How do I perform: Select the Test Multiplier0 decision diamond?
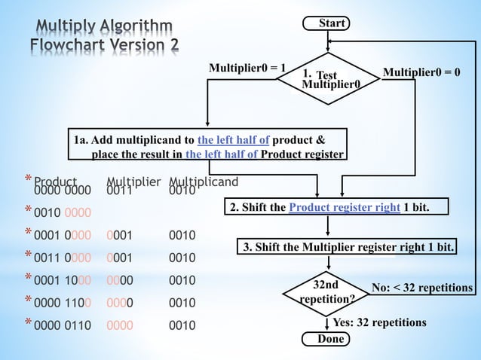(329, 79)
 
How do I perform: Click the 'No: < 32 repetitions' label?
(422, 288)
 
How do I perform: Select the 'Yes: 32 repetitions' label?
(379, 322)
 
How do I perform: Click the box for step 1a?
(208, 147)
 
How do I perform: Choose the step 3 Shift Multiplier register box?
(348, 247)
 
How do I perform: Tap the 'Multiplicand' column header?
(204, 182)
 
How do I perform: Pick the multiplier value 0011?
(119, 191)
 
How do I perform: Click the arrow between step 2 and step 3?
(329, 227)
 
